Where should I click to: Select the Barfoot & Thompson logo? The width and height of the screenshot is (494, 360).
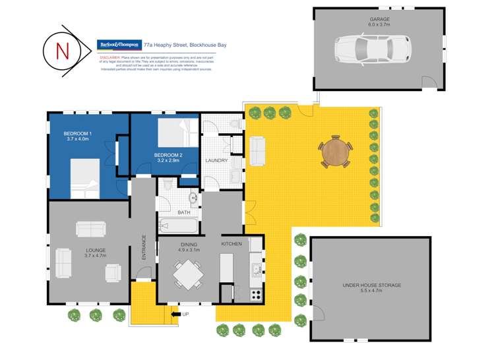click(x=119, y=45)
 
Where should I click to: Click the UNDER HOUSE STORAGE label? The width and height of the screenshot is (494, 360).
click(x=371, y=285)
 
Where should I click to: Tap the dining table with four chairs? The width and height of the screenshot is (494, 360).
click(x=189, y=273)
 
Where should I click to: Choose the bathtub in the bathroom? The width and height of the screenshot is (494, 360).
click(x=179, y=227)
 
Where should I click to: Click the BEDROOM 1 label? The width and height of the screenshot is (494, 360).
click(x=78, y=134)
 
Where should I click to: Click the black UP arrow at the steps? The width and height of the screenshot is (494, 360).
click(x=176, y=314)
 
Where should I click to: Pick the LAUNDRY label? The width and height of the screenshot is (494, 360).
click(x=217, y=160)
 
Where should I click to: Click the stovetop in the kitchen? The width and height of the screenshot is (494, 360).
click(x=255, y=294)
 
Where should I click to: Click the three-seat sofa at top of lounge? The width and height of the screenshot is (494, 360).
click(x=90, y=229)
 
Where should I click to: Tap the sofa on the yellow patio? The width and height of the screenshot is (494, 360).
click(x=257, y=151)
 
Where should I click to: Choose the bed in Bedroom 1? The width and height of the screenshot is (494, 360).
click(x=84, y=179)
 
